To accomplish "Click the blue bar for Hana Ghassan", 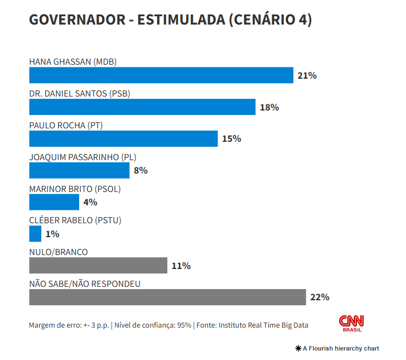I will tap(161, 75).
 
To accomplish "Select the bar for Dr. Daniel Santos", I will tap(142, 107).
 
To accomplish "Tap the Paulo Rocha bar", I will tap(123, 138).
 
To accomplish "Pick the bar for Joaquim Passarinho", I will tap(79, 170).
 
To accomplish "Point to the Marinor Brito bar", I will tap(54, 202).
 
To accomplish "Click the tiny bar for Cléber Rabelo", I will tap(35, 234).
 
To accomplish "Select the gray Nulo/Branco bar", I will tap(98, 266).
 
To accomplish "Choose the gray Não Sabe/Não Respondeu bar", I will tap(167, 297).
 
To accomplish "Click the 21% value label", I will tap(307, 75).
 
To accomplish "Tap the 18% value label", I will tap(269, 107).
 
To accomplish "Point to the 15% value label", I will tap(231, 138).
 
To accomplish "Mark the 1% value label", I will tap(52, 234).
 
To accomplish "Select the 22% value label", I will tap(320, 297).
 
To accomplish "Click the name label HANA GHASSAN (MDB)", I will tap(72, 62).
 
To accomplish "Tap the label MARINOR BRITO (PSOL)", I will tap(75, 189).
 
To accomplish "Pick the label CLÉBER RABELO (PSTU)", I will tap(75, 220).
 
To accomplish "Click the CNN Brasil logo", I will tap(351, 323).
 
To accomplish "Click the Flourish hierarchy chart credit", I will tap(337, 348).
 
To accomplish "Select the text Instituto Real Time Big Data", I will tap(263, 325).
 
